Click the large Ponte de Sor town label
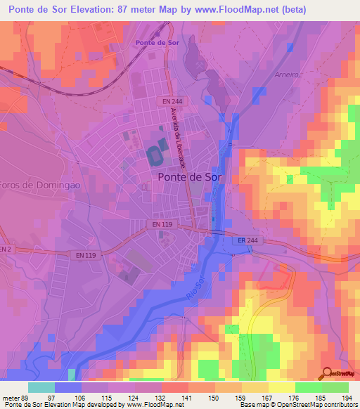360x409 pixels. tap(189, 178)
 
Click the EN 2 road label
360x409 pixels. tap(6, 249)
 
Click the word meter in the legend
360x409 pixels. tap(11, 397)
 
